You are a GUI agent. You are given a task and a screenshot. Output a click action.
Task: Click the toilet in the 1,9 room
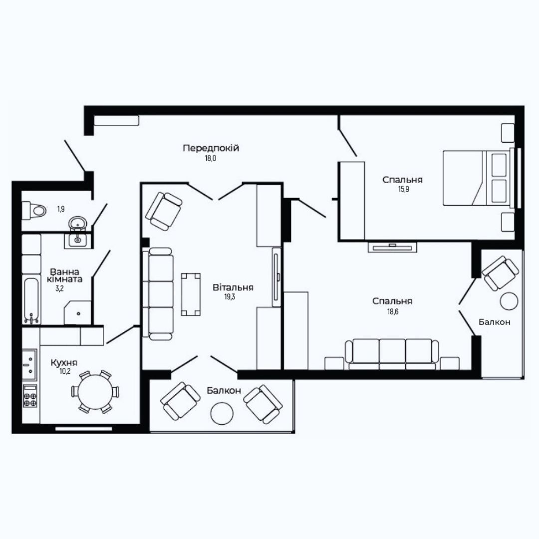click(x=34, y=211)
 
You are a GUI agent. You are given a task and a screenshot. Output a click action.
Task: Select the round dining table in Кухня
click(x=95, y=392)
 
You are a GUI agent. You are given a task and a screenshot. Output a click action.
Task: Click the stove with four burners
click(x=30, y=396)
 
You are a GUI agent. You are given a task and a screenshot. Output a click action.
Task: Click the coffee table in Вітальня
click(x=191, y=294)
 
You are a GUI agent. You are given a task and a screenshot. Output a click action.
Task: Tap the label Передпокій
click(x=211, y=148)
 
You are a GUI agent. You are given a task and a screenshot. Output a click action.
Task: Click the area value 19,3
click(x=230, y=296)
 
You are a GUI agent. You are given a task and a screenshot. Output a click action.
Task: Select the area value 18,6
click(x=393, y=312)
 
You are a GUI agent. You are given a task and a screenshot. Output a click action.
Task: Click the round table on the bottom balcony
click(x=222, y=413)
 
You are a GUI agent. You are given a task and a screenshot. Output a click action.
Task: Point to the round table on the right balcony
click(x=509, y=301)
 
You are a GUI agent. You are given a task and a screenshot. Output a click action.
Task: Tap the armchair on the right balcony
click(x=500, y=273)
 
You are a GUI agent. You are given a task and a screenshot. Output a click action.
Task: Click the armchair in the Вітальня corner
click(x=164, y=211)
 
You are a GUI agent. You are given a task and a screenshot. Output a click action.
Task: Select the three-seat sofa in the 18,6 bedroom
click(x=392, y=353)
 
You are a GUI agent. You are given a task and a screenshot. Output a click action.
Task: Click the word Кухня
click(x=63, y=363)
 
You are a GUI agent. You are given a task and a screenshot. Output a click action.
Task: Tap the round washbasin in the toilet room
click(x=78, y=224)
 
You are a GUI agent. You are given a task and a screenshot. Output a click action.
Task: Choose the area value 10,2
click(x=65, y=371)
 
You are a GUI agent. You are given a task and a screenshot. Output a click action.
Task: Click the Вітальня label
click(x=233, y=287)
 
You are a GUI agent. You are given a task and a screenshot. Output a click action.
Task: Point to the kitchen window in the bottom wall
click(x=84, y=429)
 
